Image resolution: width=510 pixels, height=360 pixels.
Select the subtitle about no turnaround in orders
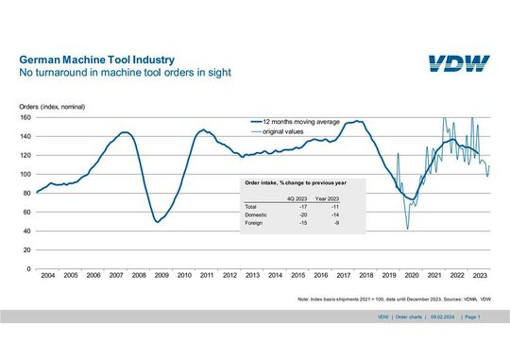point(126,72)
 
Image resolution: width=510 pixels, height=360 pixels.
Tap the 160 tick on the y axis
point(25,118)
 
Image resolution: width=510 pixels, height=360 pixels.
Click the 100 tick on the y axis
point(25,175)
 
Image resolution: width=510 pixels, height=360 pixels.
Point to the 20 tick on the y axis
point(27,250)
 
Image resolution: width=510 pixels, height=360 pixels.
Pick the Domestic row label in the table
point(256,214)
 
